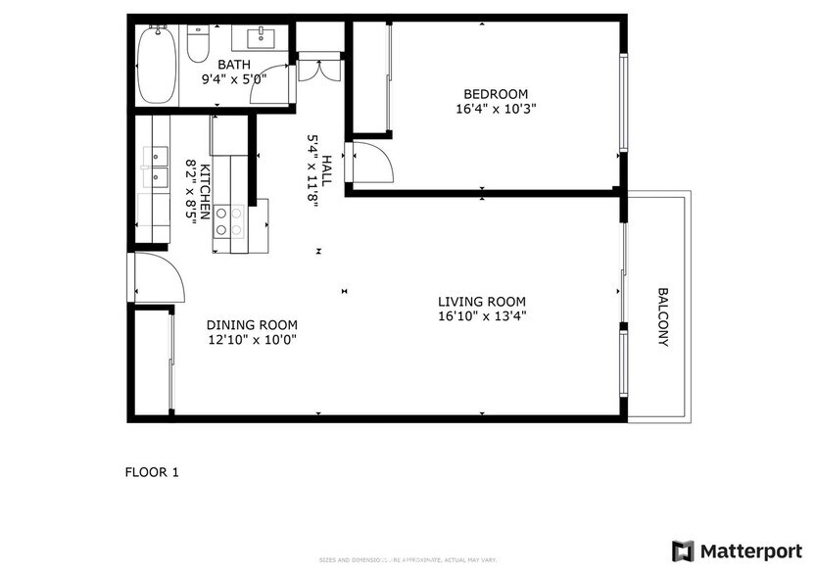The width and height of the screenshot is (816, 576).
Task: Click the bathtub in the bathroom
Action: click(x=155, y=65)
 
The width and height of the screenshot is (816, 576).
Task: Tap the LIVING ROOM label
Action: click(x=482, y=302)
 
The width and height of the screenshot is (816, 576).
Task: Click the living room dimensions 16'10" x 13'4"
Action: click(x=482, y=316)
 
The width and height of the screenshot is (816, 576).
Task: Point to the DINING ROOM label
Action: click(x=252, y=325)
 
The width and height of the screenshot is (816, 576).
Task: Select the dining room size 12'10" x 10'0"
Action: click(x=252, y=340)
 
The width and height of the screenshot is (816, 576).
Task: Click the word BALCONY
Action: click(x=663, y=316)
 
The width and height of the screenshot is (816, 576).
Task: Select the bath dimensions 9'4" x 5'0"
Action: click(x=233, y=79)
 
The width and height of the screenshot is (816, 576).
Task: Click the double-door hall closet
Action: click(x=320, y=69)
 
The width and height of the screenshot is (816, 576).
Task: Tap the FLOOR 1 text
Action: click(x=152, y=472)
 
